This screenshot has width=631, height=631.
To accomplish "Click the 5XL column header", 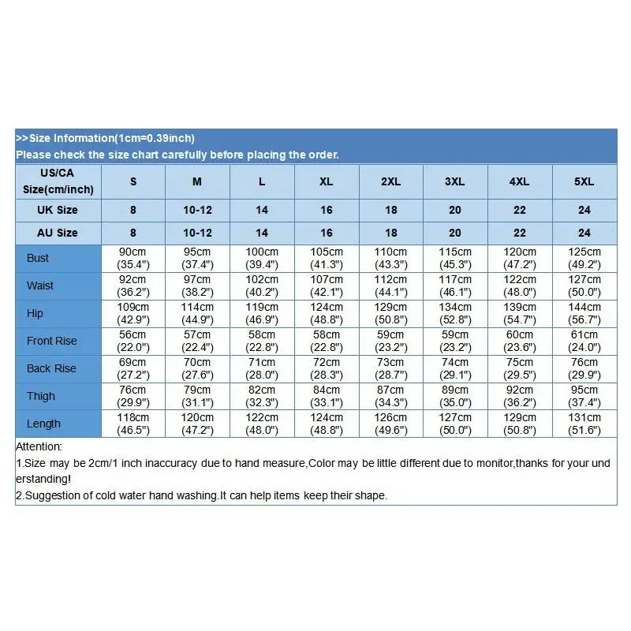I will click(584, 181).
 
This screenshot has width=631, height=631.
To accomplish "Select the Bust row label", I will click(38, 258).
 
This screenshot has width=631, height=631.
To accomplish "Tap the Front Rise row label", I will click(52, 341).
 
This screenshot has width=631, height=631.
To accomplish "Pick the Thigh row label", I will click(41, 396).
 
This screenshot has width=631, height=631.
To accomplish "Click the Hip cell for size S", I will click(133, 313).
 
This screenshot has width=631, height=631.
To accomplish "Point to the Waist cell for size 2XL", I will click(390, 286).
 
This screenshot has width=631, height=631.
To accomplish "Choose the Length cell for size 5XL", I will click(584, 424).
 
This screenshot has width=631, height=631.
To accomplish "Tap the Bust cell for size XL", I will click(326, 258).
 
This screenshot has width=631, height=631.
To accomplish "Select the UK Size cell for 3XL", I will click(455, 210).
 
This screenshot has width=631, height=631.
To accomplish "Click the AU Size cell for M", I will click(197, 233).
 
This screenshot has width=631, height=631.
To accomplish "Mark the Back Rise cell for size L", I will click(262, 368).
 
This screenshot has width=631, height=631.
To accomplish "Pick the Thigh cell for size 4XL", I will click(519, 396).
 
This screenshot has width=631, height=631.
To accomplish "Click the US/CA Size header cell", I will click(58, 181).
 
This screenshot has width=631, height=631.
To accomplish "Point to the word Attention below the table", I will click(39, 447).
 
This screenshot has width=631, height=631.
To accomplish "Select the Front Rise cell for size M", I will click(197, 341).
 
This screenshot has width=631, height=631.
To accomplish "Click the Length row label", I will click(43, 424).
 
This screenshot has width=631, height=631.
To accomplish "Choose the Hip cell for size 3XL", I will click(455, 313).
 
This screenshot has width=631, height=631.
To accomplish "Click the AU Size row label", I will click(58, 233).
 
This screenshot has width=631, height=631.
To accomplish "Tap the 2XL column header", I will click(390, 181).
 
